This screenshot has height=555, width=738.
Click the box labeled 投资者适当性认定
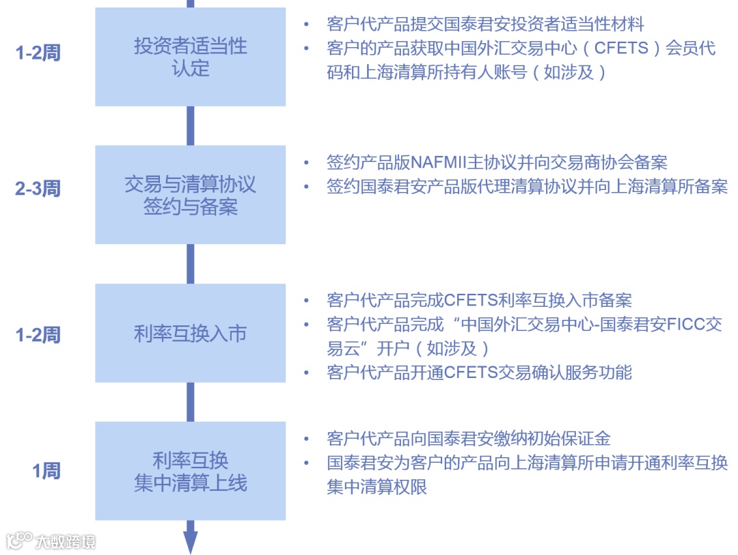190,57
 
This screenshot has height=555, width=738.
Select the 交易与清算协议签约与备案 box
190,195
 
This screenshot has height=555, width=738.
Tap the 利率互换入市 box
190,334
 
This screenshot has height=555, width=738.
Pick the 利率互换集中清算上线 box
190,471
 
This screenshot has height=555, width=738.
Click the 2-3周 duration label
38,189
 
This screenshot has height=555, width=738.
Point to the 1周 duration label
46,471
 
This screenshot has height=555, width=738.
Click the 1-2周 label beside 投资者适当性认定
38,53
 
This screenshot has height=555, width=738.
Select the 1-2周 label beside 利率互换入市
38,334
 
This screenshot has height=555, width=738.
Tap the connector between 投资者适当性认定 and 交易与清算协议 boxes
191,126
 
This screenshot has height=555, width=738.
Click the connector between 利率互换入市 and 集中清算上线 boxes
191,402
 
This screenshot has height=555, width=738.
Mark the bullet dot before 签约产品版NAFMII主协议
307,163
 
